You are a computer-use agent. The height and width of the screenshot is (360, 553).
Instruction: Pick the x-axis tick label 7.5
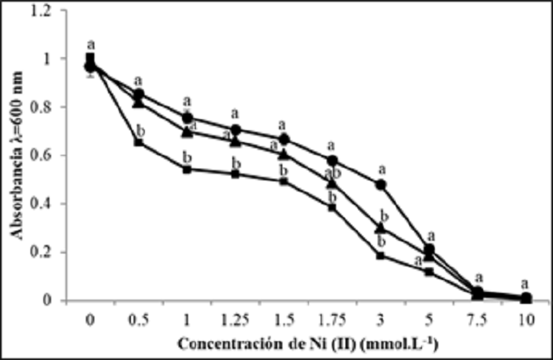[x=478, y=319]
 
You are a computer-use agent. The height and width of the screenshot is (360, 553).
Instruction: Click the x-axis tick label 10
[x=527, y=319]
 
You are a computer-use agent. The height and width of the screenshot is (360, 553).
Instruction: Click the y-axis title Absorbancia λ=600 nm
[x=16, y=157]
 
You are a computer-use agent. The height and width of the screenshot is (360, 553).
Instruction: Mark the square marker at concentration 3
[x=381, y=255]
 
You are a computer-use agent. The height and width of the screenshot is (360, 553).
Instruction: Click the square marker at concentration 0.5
[x=139, y=143]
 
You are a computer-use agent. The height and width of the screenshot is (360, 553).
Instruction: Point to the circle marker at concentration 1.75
[x=333, y=161]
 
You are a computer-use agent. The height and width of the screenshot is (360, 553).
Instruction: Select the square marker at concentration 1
[x=187, y=169]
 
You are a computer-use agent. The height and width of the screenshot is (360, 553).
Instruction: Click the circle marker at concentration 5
[x=430, y=249]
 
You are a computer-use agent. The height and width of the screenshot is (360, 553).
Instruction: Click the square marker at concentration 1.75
[x=333, y=207]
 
